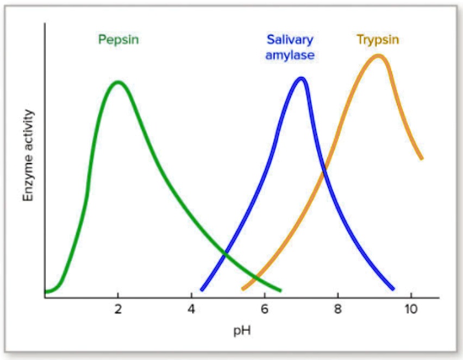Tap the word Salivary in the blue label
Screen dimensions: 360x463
(x=290, y=40)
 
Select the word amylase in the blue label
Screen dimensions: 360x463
(x=290, y=55)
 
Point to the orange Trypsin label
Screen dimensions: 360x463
(x=378, y=40)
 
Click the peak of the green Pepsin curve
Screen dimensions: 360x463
(x=118, y=83)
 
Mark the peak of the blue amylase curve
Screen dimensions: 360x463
(x=301, y=79)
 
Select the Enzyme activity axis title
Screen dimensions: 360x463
(x=28, y=156)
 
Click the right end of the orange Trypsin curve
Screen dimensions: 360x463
(x=421, y=158)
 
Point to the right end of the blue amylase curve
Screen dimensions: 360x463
(x=393, y=288)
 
